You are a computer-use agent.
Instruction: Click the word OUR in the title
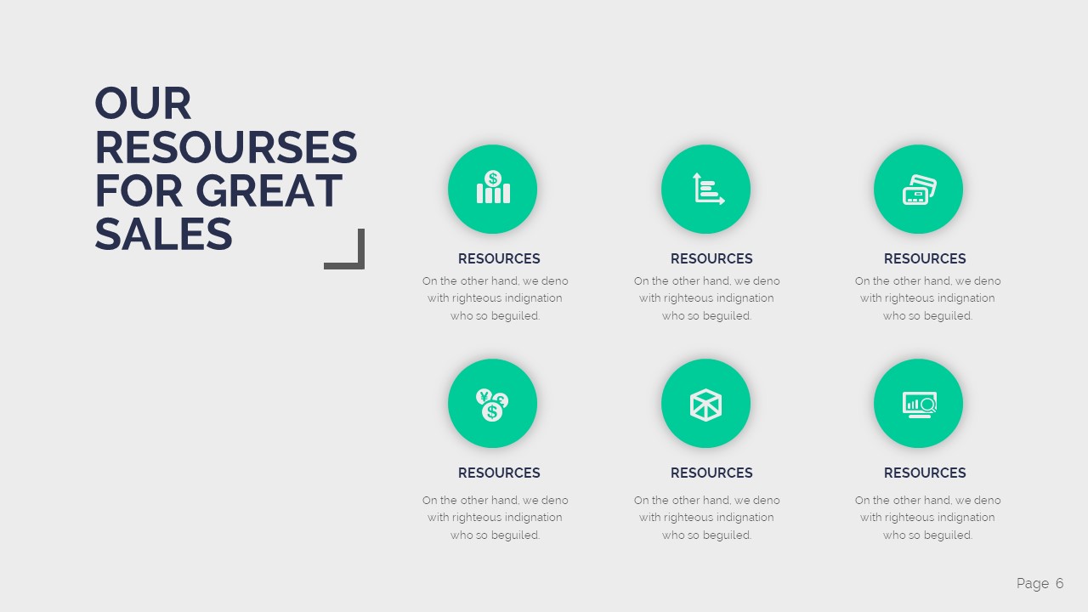(143, 104)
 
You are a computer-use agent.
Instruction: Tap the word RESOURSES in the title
(225, 148)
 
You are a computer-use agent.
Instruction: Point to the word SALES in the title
(163, 235)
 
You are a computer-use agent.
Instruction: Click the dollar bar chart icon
(493, 189)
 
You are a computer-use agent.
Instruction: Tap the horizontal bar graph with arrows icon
(706, 189)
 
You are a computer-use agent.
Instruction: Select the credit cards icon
(919, 189)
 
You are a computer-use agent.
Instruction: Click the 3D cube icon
(706, 403)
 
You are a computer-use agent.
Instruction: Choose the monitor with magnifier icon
(919, 403)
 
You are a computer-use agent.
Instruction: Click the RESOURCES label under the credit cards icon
(925, 258)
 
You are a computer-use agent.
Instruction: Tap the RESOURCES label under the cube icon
(711, 473)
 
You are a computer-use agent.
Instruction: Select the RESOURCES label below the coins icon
(499, 473)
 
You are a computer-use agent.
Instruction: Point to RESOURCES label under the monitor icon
(925, 473)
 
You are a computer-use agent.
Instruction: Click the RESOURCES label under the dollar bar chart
(499, 258)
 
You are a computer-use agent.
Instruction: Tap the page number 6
(1060, 583)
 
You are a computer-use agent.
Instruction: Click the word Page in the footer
(1033, 583)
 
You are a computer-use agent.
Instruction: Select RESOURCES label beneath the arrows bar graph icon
(711, 258)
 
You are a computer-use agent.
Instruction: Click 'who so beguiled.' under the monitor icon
(927, 535)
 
